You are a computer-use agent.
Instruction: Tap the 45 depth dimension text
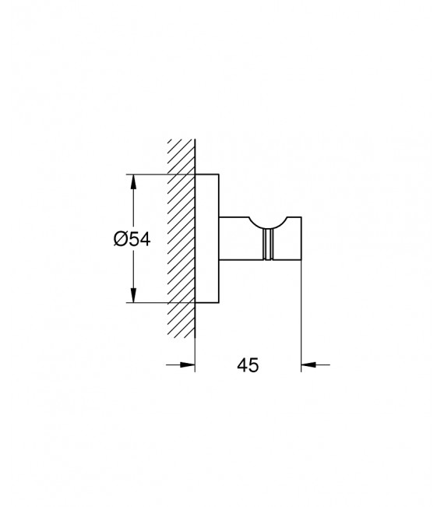[248, 364]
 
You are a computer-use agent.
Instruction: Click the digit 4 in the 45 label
[241, 364]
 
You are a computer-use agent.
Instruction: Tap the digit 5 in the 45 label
[254, 364]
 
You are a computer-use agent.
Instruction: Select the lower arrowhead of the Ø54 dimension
[134, 296]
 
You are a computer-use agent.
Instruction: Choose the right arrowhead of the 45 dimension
[308, 363]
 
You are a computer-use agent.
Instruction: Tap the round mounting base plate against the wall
[206, 239]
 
